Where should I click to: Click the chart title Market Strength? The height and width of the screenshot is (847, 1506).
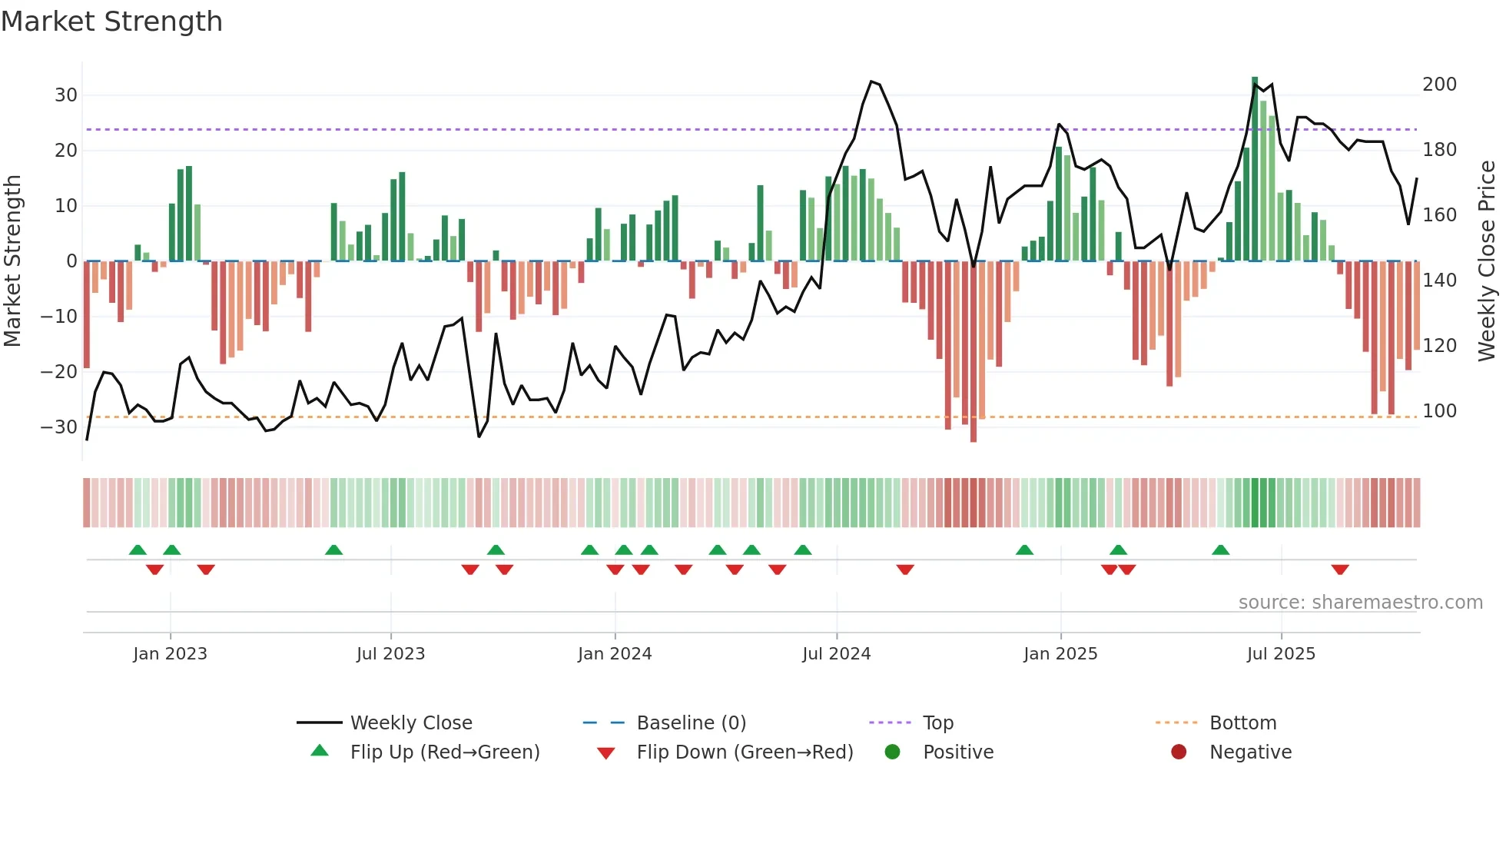[111, 22]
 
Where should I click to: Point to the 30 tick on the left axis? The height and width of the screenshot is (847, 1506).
[66, 95]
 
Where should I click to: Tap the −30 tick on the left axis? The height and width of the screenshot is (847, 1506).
[60, 427]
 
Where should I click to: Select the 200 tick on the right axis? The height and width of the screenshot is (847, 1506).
[1439, 85]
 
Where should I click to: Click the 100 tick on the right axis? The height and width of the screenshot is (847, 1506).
[1439, 411]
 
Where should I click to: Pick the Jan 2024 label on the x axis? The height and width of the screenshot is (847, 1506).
[615, 654]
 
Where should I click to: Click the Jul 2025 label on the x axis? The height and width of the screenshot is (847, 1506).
[1281, 654]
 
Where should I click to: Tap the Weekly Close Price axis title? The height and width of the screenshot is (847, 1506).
[1487, 261]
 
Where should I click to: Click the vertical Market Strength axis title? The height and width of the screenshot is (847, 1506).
[13, 261]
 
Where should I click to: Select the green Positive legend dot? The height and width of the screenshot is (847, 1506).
[892, 752]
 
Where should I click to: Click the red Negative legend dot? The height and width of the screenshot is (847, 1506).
[1179, 752]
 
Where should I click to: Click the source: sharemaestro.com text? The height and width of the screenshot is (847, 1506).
[1360, 603]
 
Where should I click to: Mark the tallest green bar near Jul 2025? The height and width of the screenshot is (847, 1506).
[1255, 169]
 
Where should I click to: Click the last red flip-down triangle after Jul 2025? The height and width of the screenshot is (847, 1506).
[1340, 570]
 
